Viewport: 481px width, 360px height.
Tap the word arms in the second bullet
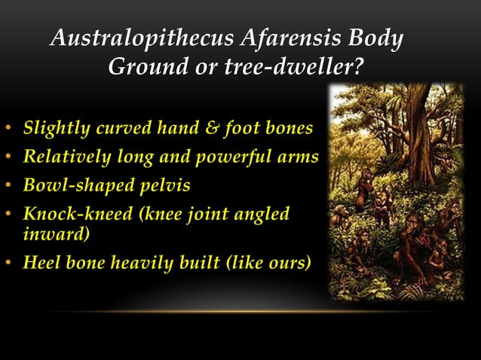pos(300,157)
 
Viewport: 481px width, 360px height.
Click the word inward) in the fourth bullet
pos(51,234)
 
